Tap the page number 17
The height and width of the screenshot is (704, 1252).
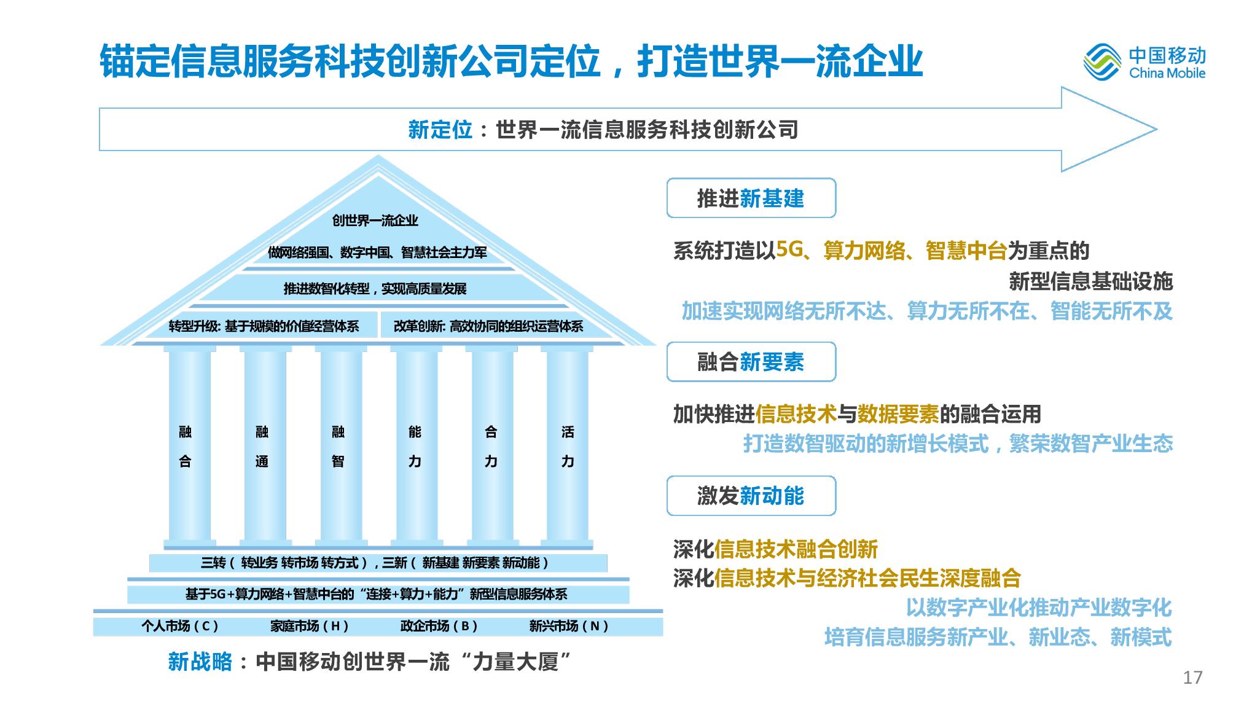pos(1192,678)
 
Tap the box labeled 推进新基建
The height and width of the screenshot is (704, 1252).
pos(751,198)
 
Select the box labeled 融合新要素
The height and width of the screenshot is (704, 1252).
pos(751,362)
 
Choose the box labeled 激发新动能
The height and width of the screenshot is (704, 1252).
pos(751,496)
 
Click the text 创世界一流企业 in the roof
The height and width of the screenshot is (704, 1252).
pos(375,220)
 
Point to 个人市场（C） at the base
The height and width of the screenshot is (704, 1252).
pos(180,626)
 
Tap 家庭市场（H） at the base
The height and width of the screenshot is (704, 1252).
pos(310,626)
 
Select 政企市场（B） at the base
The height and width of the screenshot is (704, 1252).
pos(439,626)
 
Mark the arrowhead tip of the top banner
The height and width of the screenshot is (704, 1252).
pos(1157,129)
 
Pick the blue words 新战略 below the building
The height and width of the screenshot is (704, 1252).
pos(200,662)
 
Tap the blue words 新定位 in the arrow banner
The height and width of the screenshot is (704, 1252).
pos(440,130)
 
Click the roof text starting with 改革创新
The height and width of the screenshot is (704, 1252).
pos(488,326)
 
